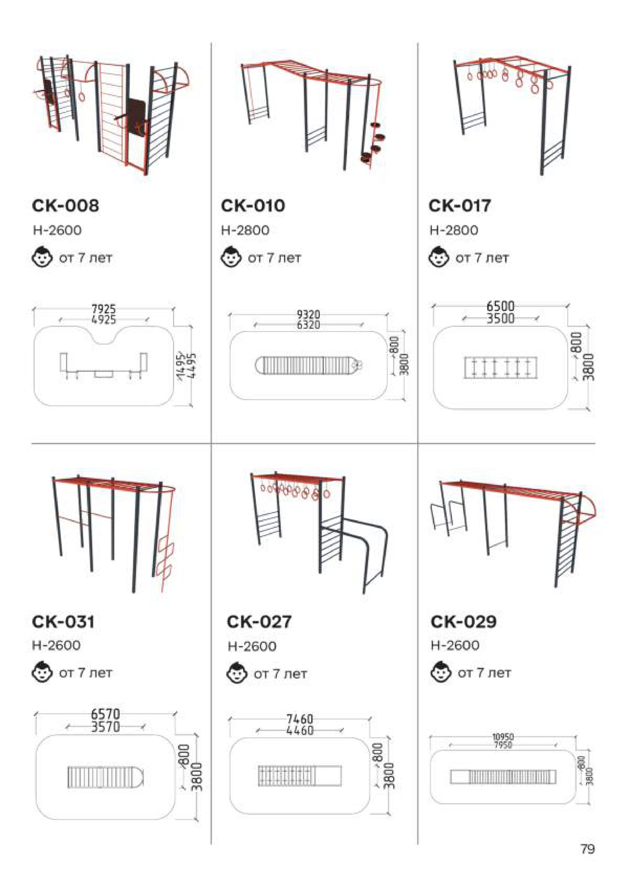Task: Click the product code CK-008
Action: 65,206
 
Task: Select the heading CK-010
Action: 253,206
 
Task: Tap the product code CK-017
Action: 460,206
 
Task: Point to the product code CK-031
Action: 63,622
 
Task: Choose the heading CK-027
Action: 259,622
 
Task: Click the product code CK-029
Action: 463,622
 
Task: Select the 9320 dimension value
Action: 309,315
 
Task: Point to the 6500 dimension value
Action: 501,306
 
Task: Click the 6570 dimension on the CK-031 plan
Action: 105,714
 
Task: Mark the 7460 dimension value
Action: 300,719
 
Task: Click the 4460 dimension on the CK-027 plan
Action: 300,730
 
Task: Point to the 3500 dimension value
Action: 501,318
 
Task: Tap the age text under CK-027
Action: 280,674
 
